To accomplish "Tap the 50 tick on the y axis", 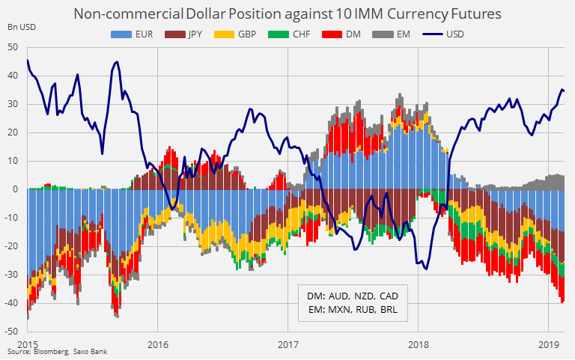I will point(13,46).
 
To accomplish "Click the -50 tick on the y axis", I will point(12,331).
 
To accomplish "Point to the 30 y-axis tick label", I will point(13,103).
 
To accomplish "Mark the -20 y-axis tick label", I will point(12,245).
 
